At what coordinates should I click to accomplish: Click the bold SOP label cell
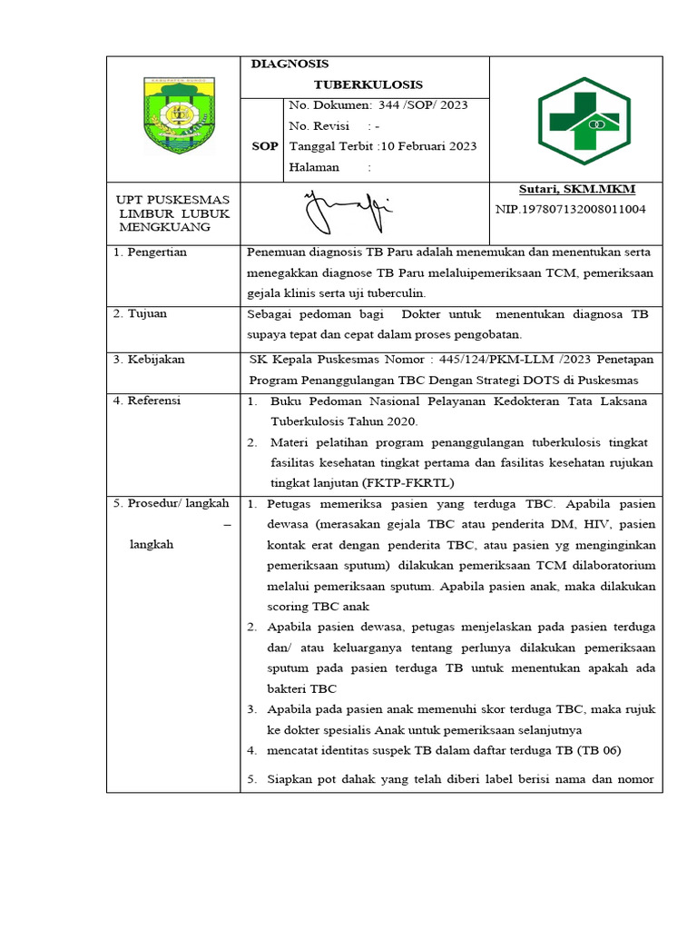(x=265, y=146)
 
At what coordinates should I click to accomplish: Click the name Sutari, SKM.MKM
(x=576, y=189)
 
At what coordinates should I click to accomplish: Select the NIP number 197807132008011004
(x=571, y=209)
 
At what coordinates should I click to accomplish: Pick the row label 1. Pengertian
(x=150, y=252)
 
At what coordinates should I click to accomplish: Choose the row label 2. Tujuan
(x=141, y=314)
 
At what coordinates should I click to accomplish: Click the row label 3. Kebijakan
(x=149, y=360)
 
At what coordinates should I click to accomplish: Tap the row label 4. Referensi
(x=147, y=401)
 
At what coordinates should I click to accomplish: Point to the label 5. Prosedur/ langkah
(x=172, y=503)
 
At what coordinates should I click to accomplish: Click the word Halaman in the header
(x=313, y=167)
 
